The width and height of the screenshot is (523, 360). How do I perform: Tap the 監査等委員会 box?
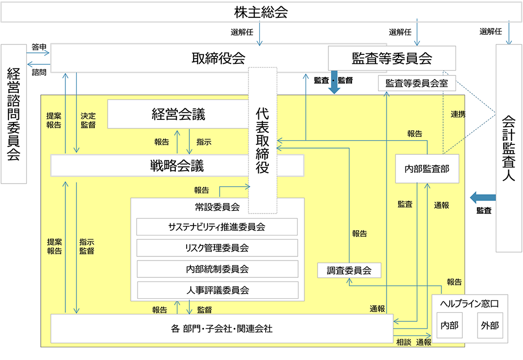(392, 58)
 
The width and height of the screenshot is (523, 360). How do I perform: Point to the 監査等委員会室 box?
(416, 83)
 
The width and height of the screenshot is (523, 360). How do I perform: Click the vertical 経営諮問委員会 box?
(14, 114)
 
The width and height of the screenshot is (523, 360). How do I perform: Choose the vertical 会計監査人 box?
(508, 148)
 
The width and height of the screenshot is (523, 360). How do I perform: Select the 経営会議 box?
(178, 114)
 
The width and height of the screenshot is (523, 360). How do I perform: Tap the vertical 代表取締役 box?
(262, 140)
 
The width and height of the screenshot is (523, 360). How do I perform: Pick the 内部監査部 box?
(427, 168)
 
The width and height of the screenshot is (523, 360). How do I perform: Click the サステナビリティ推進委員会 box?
(217, 227)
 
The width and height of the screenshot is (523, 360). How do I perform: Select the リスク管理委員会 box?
(217, 248)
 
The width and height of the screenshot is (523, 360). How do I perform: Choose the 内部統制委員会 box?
(217, 269)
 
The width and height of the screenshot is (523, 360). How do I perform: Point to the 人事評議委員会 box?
(217, 290)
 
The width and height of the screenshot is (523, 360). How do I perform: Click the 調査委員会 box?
(349, 271)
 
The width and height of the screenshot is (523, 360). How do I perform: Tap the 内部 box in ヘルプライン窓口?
(449, 325)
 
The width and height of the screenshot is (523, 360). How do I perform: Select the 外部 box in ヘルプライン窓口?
(490, 325)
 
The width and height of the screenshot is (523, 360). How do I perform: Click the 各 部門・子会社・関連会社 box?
(221, 329)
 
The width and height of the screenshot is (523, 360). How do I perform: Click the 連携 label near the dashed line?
(458, 114)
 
